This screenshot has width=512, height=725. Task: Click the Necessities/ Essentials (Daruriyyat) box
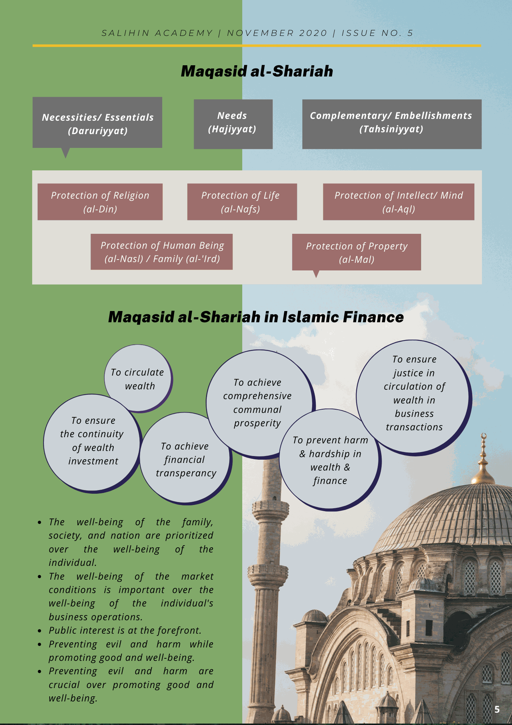97,123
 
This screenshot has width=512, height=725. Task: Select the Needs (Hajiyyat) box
233,124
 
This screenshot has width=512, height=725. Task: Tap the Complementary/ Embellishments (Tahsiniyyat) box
391,124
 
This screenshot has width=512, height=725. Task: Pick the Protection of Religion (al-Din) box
100,202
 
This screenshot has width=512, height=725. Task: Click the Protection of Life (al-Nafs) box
242,202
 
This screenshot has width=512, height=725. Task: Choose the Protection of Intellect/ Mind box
398,202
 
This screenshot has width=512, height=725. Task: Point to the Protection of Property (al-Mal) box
356,252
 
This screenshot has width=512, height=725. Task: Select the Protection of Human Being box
161,252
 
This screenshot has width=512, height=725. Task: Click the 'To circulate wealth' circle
138,378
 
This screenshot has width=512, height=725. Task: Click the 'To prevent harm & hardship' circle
330,460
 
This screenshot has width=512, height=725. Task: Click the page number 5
497,709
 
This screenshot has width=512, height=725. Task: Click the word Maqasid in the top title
214,71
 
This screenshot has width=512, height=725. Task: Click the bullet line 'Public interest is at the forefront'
125,630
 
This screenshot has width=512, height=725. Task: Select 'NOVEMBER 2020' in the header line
277,33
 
